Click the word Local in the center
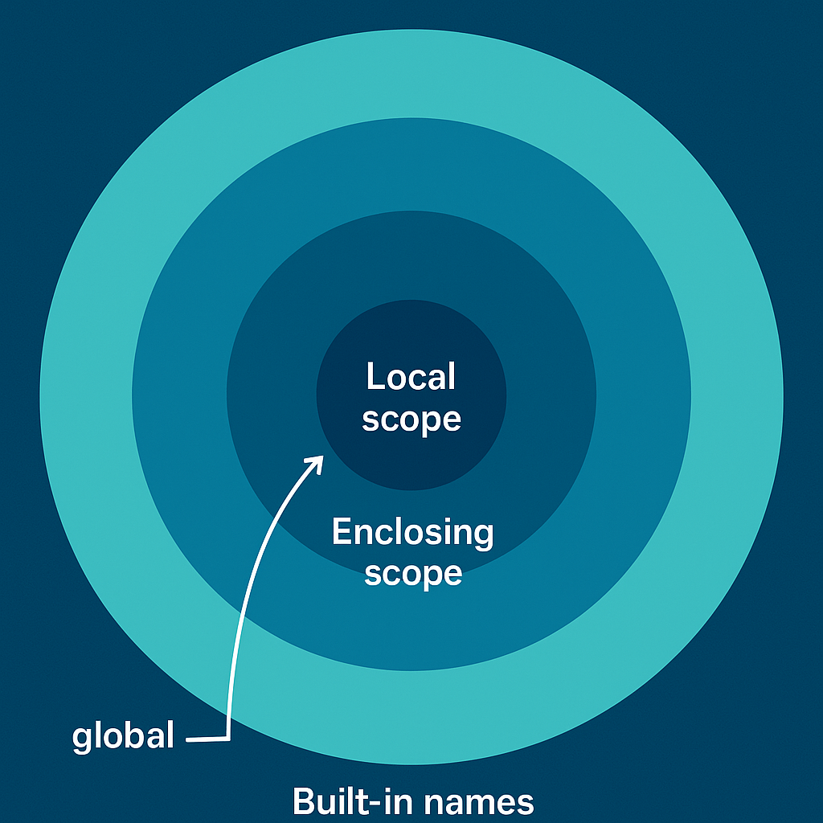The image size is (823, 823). (x=411, y=377)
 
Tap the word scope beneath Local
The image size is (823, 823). (x=411, y=419)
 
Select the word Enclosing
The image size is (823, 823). (x=412, y=533)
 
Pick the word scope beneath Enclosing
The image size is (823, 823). (x=413, y=573)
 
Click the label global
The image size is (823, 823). (x=123, y=736)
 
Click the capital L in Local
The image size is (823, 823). (x=373, y=377)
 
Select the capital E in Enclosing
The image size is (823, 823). (x=341, y=532)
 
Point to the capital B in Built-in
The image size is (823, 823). (x=302, y=801)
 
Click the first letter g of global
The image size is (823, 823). (x=81, y=739)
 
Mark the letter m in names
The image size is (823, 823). (x=482, y=805)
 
